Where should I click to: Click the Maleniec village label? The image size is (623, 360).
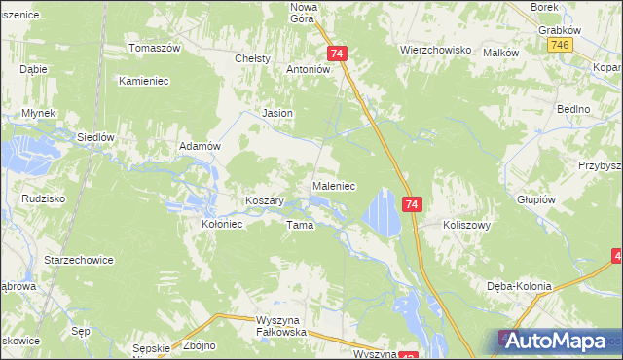pyautogui.click(x=333, y=184)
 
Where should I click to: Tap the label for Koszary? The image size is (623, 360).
pyautogui.click(x=264, y=200)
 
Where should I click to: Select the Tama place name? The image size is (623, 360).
pyautogui.click(x=298, y=225)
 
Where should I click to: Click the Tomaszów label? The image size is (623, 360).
pyautogui.click(x=156, y=48)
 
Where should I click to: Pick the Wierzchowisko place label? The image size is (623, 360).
pyautogui.click(x=435, y=49)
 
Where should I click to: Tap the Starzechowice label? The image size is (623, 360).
pyautogui.click(x=79, y=260)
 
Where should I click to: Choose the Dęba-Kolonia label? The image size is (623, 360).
pyautogui.click(x=519, y=286)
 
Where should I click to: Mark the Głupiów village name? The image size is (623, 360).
pyautogui.click(x=535, y=199)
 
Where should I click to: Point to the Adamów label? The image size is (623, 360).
pyautogui.click(x=201, y=145)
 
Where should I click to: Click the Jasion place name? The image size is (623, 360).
pyautogui.click(x=277, y=113)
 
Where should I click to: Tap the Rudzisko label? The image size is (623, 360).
pyautogui.click(x=42, y=198)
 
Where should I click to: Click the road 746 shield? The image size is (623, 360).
pyautogui.click(x=559, y=46)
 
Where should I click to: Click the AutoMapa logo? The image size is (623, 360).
pyautogui.click(x=554, y=341)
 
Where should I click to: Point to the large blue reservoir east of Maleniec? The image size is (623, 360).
pyautogui.click(x=381, y=213)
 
